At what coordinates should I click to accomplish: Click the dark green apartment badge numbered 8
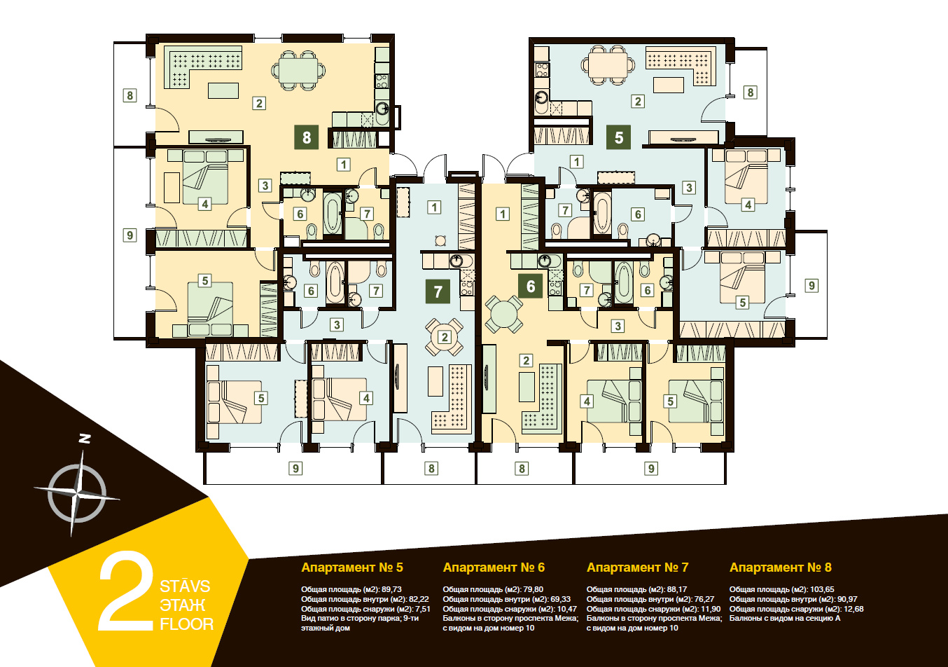(x=307, y=137)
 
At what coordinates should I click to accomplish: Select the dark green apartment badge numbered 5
(x=618, y=137)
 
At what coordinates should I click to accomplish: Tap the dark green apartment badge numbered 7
(x=438, y=291)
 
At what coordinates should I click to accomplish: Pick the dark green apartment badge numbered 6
(x=530, y=287)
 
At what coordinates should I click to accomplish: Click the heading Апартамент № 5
(x=351, y=568)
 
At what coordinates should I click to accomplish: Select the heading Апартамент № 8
(x=781, y=568)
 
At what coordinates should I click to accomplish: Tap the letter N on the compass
(x=85, y=439)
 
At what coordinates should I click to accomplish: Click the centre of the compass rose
(x=76, y=494)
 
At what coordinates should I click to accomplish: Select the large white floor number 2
(x=126, y=591)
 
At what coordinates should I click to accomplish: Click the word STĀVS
(x=185, y=586)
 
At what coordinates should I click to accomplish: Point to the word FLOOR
(x=187, y=624)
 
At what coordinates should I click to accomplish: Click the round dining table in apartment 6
(x=503, y=314)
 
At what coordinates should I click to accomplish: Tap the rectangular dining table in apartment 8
(x=298, y=71)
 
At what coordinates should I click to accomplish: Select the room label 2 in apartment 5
(x=638, y=101)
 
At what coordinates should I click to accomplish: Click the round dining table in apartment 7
(x=444, y=337)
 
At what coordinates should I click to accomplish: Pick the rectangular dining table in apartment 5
(x=608, y=67)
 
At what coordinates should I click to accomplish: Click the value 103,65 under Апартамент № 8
(x=821, y=589)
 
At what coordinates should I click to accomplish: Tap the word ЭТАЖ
(x=183, y=605)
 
